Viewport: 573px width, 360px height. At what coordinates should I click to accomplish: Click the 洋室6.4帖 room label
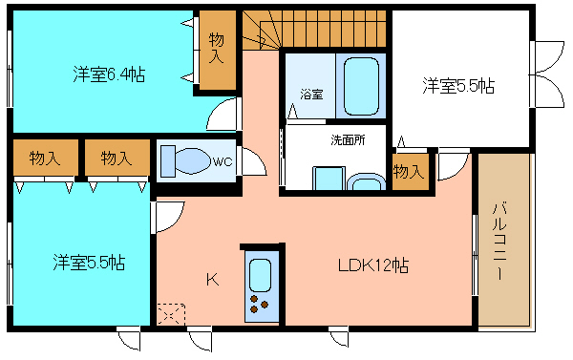click(x=109, y=74)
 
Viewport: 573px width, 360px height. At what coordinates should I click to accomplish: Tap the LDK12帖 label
click(x=373, y=265)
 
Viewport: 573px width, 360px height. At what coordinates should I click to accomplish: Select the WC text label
click(x=223, y=161)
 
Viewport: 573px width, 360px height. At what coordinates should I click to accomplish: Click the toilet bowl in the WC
click(x=193, y=160)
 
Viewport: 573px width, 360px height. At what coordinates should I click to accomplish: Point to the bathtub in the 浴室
click(x=361, y=86)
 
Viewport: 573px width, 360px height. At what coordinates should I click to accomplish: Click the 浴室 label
click(x=311, y=94)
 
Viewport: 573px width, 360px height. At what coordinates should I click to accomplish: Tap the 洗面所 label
click(x=348, y=139)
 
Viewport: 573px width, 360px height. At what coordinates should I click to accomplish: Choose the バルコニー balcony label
click(x=499, y=242)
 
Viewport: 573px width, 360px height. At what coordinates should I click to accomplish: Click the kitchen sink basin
click(x=260, y=275)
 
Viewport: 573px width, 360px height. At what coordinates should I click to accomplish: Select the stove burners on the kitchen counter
click(x=259, y=304)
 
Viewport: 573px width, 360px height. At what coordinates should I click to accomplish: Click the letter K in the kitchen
click(x=212, y=280)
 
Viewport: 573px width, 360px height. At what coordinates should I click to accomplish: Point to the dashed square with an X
click(x=171, y=313)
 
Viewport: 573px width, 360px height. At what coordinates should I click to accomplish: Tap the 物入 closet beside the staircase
click(x=217, y=50)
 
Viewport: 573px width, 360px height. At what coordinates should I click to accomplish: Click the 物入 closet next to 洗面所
click(x=410, y=172)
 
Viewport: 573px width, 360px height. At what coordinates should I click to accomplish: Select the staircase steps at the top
click(x=314, y=29)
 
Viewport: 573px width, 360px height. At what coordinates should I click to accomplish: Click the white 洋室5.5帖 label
click(x=458, y=86)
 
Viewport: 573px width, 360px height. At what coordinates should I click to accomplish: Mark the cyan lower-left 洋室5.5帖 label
click(x=89, y=262)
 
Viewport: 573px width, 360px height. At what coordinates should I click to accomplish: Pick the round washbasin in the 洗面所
click(x=366, y=182)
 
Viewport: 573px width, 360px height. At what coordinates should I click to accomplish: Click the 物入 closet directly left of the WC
click(x=117, y=158)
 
